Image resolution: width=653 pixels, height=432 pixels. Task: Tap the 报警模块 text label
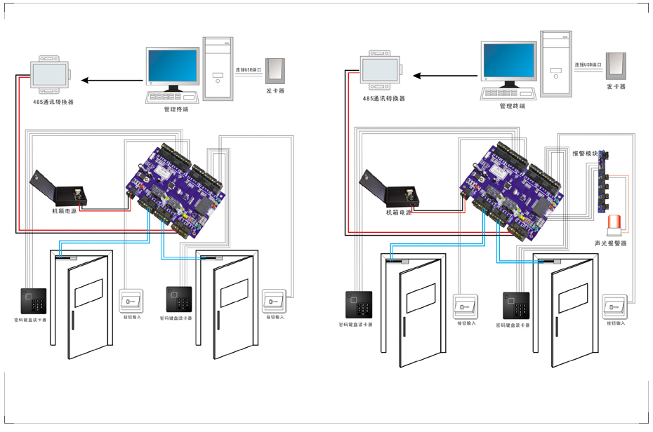click(585, 153)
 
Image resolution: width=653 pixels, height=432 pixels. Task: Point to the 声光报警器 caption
click(610, 243)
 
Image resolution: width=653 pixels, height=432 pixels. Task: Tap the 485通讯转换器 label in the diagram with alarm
click(383, 99)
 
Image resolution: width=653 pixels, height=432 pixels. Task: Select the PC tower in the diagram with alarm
click(555, 62)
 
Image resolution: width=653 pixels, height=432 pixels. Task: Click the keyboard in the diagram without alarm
click(171, 97)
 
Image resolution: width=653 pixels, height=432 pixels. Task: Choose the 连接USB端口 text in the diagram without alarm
click(249, 70)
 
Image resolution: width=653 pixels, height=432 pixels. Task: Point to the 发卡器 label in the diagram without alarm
click(275, 91)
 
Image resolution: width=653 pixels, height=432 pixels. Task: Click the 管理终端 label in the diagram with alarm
click(512, 106)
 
